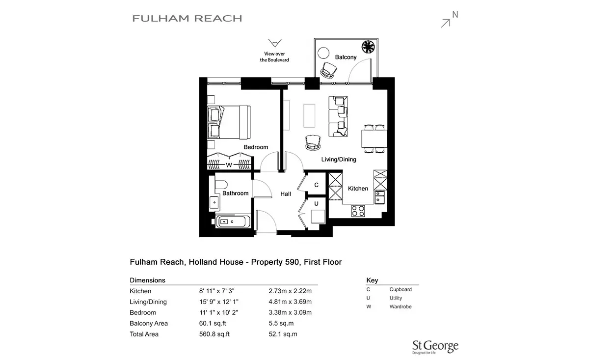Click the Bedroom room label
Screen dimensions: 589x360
[x=256, y=147]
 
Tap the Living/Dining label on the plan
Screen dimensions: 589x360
[x=339, y=159]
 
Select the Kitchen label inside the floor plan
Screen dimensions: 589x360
[x=358, y=189]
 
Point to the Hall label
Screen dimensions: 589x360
[x=286, y=194]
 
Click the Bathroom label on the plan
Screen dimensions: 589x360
[x=235, y=193]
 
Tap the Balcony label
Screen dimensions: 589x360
[x=346, y=57]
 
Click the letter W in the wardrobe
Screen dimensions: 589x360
[x=229, y=165]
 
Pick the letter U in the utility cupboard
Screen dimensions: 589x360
[x=316, y=203]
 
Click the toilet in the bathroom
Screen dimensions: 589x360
[x=221, y=185]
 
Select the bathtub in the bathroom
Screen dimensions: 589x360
[x=233, y=222]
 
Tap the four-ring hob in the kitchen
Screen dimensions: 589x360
[x=358, y=211]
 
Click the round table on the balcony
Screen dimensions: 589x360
[x=323, y=53]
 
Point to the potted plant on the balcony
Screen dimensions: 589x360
[x=368, y=47]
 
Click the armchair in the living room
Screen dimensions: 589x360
[x=313, y=143]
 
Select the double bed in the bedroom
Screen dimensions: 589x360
[x=229, y=122]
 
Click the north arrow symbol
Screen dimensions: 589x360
[x=446, y=23]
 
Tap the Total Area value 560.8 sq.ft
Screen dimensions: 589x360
[x=214, y=334]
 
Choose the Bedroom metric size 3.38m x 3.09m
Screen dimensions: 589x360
[x=290, y=312]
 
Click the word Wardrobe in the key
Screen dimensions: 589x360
[x=401, y=306]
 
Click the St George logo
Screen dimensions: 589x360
[x=435, y=347]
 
